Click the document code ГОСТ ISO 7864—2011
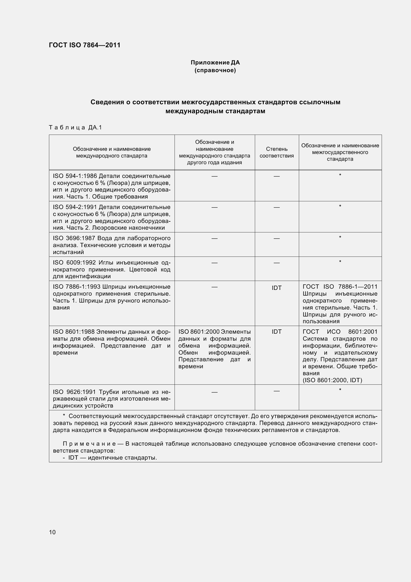(x=85, y=45)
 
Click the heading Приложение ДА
(x=215, y=62)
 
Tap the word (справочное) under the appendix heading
(x=215, y=70)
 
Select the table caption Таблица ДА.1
(x=75, y=127)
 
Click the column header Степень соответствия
(x=276, y=152)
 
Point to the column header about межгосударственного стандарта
(x=340, y=152)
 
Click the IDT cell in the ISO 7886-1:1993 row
(x=276, y=288)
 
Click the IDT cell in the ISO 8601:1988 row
(x=276, y=332)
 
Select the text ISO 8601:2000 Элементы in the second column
(x=215, y=332)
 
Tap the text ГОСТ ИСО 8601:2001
(x=340, y=332)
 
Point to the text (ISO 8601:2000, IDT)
(x=332, y=380)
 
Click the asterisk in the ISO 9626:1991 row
(x=340, y=390)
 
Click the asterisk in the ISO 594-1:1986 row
(x=340, y=175)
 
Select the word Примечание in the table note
(x=89, y=444)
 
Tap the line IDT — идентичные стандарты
(x=112, y=458)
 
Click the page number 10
(x=52, y=532)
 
